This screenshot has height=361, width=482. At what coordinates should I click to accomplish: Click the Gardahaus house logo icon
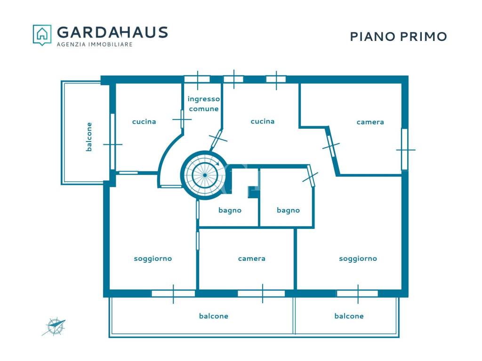coord(42,35)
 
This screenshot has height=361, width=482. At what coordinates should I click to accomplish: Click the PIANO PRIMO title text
coord(398,37)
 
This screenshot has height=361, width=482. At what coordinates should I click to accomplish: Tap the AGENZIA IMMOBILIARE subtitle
coord(95,45)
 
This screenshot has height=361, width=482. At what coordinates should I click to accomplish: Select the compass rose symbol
coord(55,327)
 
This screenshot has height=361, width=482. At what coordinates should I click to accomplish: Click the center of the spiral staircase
coord(205,175)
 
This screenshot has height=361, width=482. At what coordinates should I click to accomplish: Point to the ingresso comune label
coord(204,104)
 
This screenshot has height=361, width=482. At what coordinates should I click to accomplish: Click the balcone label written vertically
coord(89,137)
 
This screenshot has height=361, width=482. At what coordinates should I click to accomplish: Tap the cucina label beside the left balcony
coord(144,122)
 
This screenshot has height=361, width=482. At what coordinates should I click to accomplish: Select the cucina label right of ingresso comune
coord(263,121)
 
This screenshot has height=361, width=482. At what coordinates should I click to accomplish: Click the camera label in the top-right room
coord(370,122)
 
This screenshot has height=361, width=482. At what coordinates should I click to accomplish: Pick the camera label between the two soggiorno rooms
coord(251,259)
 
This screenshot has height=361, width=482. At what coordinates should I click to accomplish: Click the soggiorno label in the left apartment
coord(153,259)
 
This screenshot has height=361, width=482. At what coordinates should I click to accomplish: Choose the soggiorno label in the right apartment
coord(358,259)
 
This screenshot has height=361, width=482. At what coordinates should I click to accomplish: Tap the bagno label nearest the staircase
coord(230,210)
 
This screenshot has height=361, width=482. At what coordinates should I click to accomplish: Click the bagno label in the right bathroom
coord(288,210)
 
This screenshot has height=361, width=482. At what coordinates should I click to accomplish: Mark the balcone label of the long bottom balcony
coord(214,316)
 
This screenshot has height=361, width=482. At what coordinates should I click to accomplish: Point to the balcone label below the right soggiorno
coord(349,316)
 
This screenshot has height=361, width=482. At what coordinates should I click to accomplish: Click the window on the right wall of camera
coord(405,149)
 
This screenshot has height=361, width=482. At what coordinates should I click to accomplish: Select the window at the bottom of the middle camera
coord(262,293)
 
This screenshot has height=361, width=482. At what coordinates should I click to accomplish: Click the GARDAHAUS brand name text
coord(112,32)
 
